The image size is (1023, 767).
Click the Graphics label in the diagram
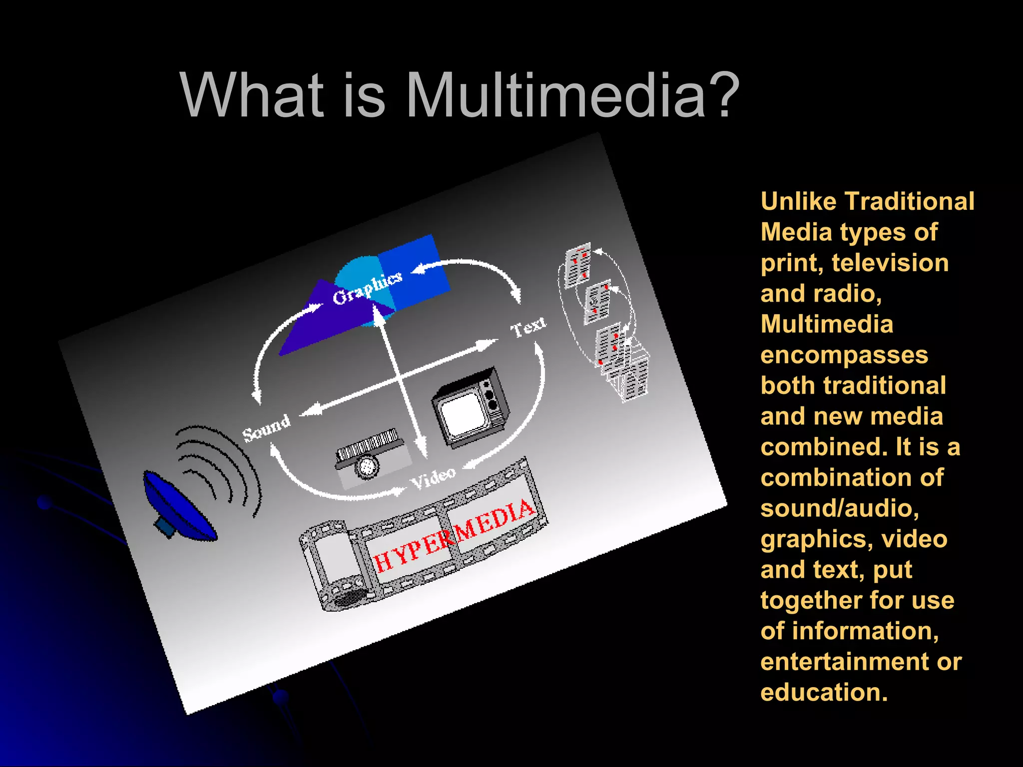click(x=367, y=288)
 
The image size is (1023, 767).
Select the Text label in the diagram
click(x=528, y=328)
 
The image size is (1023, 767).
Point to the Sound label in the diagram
click(x=266, y=427)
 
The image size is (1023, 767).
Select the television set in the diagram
click(x=471, y=407)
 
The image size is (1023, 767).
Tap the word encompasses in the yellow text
click(x=844, y=355)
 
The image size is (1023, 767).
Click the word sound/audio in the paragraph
click(x=840, y=508)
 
